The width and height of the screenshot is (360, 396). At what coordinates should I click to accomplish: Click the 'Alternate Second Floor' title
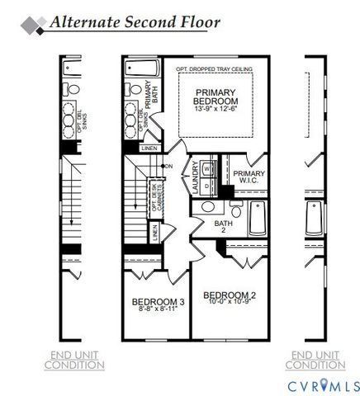[134, 21]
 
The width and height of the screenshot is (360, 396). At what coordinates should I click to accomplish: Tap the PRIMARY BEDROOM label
[216, 96]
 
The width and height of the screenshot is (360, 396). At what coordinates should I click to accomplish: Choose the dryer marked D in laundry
[206, 186]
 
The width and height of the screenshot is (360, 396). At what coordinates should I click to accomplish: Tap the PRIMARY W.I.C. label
[249, 177]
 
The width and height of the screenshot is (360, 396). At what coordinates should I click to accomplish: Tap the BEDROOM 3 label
[158, 304]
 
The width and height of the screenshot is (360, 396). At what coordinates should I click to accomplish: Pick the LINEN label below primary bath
[149, 148]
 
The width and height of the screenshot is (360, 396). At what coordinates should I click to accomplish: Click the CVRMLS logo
[323, 384]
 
